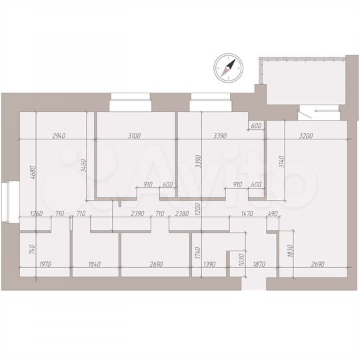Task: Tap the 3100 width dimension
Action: coord(133,135)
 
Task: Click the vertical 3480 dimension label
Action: coord(84,165)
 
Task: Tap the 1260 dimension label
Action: coord(36,214)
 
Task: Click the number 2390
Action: coord(138,214)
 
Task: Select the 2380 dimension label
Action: coord(181,214)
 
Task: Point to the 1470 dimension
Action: coord(247,214)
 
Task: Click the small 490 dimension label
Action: coord(273,214)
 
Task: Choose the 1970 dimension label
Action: coord(45,265)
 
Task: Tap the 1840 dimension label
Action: coord(95,265)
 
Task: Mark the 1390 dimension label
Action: coord(209,265)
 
